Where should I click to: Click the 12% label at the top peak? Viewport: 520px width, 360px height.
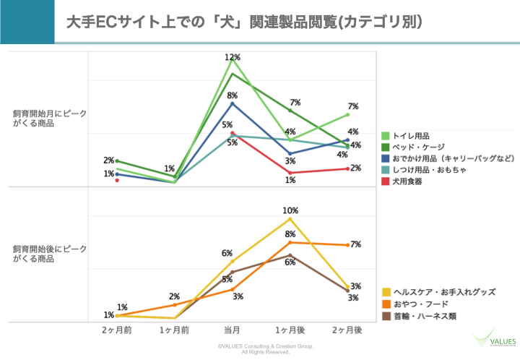point(232,57)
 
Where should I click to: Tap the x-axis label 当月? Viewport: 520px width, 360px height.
point(232,330)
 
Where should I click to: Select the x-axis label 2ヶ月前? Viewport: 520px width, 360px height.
point(116,330)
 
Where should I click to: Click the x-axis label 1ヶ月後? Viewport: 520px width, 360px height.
point(290,330)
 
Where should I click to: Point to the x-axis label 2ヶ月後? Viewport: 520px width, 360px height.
point(347,330)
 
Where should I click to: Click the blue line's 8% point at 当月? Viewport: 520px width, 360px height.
point(232,103)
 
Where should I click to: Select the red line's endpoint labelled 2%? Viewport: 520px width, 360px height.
point(347,168)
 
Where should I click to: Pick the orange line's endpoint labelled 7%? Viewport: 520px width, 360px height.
point(347,245)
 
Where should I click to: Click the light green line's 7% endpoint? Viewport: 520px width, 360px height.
point(347,114)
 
